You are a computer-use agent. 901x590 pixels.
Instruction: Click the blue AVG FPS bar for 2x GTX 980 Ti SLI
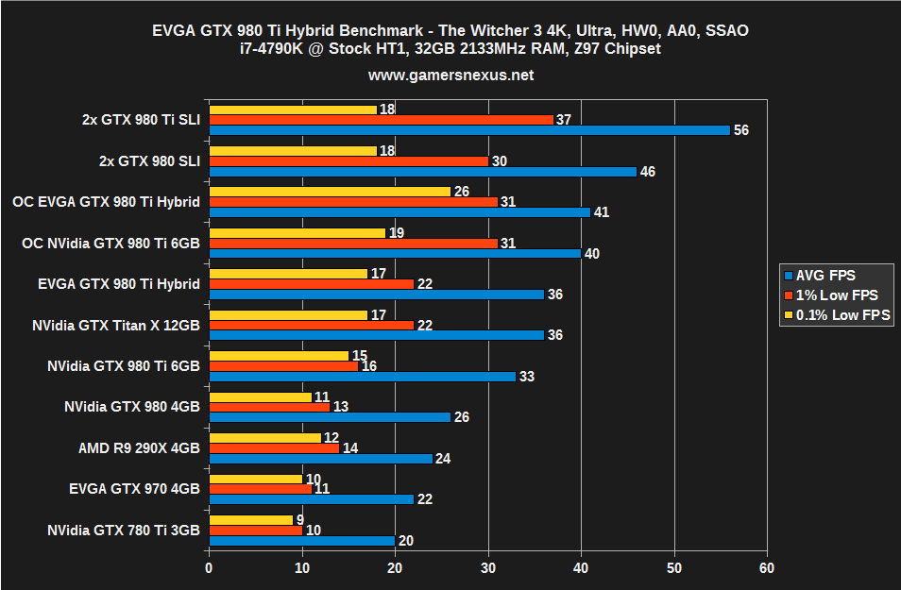[469, 130]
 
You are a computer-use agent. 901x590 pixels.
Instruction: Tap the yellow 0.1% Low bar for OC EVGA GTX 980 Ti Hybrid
[330, 192]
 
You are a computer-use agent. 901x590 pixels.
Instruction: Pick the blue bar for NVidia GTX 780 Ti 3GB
[301, 541]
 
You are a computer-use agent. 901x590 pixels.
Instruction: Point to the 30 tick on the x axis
[488, 568]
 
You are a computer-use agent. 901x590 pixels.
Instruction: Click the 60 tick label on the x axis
[767, 568]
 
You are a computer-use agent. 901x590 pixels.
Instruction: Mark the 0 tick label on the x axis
[209, 568]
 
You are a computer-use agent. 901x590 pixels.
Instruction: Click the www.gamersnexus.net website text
[450, 75]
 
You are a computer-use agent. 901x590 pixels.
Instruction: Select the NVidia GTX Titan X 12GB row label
[115, 326]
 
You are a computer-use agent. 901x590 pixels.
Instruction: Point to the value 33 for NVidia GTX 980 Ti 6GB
[527, 377]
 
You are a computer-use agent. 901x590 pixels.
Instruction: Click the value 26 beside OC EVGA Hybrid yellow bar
[462, 192]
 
